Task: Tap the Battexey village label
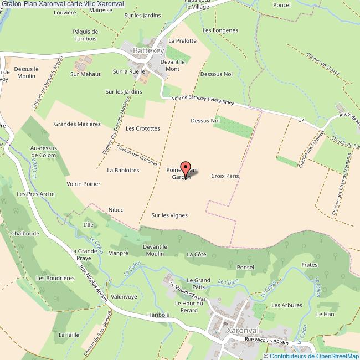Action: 148,50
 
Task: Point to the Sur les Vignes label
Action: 169,215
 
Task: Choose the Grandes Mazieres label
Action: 77,124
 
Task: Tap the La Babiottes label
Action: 123,170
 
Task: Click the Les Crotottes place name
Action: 143,128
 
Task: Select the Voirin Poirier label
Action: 83,183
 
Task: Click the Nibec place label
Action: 116,209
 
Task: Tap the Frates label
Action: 310,265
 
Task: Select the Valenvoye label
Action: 124,296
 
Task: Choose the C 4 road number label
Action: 301,120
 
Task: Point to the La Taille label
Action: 69,335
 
